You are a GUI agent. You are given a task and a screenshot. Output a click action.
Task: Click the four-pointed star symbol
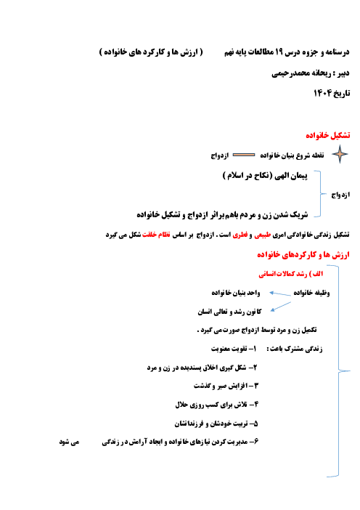pyautogui.click(x=340, y=154)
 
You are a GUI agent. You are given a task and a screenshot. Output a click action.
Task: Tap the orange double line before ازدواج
pyautogui.click(x=244, y=155)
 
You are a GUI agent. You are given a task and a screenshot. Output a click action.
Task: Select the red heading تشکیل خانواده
pyautogui.click(x=328, y=135)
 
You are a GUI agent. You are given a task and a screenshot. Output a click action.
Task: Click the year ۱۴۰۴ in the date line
pyautogui.click(x=322, y=93)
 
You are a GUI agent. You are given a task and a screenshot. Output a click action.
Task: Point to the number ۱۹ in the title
pyautogui.click(x=279, y=52)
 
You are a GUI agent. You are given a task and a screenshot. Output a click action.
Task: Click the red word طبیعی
pyautogui.click(x=263, y=235)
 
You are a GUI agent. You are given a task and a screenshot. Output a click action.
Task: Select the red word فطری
pyautogui.click(x=240, y=235)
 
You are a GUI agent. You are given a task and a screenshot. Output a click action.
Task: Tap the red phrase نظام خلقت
pyautogui.click(x=156, y=235)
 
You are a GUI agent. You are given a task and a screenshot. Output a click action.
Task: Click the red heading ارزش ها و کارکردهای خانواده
pyautogui.click(x=303, y=255)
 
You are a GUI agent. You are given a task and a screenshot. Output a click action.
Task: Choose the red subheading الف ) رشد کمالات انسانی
pyautogui.click(x=291, y=274)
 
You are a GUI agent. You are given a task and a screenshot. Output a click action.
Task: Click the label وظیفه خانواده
pyautogui.click(x=311, y=293)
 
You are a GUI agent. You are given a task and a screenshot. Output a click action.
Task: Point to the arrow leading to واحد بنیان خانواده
pyautogui.click(x=279, y=294)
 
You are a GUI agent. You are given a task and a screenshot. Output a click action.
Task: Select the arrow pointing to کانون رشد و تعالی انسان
pyautogui.click(x=281, y=307)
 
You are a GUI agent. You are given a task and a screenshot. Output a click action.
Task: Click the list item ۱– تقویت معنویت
pyautogui.click(x=234, y=349)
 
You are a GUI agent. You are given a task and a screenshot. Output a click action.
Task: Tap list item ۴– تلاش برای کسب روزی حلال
pyautogui.click(x=217, y=405)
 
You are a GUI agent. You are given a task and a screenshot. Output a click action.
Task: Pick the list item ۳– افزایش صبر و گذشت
pyautogui.click(x=226, y=386)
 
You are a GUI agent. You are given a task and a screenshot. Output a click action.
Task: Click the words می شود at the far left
pyautogui.click(x=69, y=442)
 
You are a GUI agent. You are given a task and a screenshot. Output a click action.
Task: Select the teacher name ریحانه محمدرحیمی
pyautogui.click(x=301, y=73)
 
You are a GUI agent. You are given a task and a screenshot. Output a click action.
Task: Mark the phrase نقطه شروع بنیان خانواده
pyautogui.click(x=292, y=155)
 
